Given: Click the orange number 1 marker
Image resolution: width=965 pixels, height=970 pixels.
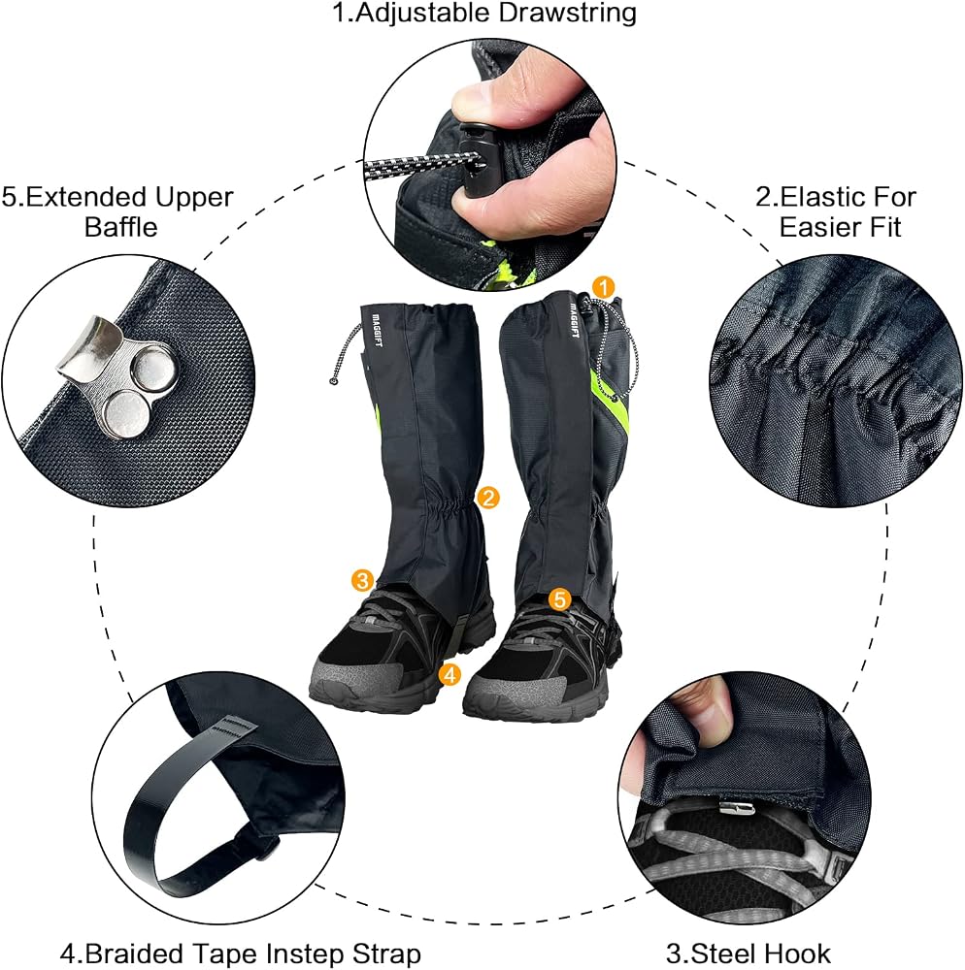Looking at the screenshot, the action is pos(604,288).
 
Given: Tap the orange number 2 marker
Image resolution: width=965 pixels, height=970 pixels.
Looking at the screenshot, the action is pos(488,498).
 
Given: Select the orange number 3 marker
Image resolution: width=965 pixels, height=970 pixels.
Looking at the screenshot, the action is pos(362,580).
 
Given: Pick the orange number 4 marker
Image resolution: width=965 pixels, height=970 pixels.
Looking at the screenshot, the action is pos(450,674).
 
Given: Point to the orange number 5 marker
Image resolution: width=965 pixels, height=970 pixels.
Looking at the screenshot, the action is pos(559,598).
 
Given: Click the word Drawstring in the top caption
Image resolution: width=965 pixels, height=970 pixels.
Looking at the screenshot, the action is pos(567,14).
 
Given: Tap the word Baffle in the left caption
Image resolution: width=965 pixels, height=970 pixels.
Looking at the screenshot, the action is pos(120,227).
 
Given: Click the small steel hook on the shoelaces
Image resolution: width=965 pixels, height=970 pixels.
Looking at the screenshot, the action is pos(737,807).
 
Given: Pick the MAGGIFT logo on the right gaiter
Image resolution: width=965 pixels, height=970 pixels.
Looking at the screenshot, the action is pos(574,320).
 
